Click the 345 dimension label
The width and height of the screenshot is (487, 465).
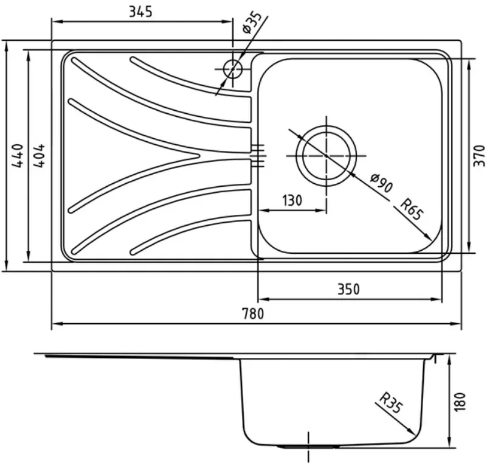pyautogui.click(x=140, y=11)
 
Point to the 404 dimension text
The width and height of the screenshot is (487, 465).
pyautogui.click(x=38, y=156)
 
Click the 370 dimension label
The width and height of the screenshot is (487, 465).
pyautogui.click(x=479, y=156)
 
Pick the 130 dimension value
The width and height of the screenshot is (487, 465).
pyautogui.click(x=292, y=201)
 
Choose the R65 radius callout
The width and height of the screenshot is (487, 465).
pyautogui.click(x=412, y=210)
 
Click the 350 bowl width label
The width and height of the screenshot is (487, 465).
pyautogui.click(x=348, y=289)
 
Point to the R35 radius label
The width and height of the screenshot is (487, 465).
pyautogui.click(x=392, y=404)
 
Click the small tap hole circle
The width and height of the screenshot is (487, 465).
pyautogui.click(x=232, y=69)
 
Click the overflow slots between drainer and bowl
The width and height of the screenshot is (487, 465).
pyautogui.click(x=258, y=155)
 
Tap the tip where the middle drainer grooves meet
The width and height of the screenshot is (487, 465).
pyautogui.click(x=199, y=156)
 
